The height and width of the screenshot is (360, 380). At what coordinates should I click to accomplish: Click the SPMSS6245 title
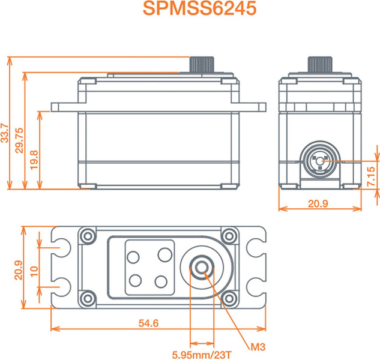click(x=199, y=9)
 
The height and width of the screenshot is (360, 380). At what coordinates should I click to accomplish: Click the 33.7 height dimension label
click(x=5, y=133)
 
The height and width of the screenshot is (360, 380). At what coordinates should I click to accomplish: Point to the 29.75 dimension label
click(x=19, y=140)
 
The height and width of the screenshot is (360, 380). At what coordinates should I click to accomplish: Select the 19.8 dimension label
click(x=34, y=160)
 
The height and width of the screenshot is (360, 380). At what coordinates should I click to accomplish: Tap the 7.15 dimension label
click(x=371, y=176)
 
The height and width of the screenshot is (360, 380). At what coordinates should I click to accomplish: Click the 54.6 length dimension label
click(x=148, y=323)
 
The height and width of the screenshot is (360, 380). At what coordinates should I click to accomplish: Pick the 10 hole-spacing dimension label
click(x=34, y=271)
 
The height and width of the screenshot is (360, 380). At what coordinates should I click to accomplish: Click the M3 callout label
click(x=258, y=347)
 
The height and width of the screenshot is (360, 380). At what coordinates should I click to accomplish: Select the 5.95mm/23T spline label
click(x=202, y=355)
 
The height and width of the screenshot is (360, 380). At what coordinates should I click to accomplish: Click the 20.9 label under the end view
click(x=318, y=204)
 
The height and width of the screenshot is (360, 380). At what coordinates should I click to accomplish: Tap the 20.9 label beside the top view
click(x=19, y=270)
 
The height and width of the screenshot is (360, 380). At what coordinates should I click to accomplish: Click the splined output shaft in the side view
click(x=202, y=64)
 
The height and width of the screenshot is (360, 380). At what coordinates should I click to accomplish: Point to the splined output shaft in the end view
click(x=320, y=64)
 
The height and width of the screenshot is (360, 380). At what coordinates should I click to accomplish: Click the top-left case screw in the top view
click(x=88, y=236)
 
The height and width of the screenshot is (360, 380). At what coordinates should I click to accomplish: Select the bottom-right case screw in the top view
click(x=229, y=299)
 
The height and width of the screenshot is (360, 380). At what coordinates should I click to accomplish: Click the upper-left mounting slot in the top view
click(x=62, y=248)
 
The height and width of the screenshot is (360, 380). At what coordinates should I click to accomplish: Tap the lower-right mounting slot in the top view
click(x=256, y=287)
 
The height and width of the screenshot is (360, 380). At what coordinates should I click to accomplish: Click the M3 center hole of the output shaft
click(x=202, y=268)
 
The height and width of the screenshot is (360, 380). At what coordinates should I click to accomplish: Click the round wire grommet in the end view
click(x=320, y=160)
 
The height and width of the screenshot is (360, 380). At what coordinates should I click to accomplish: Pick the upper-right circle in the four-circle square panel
click(x=165, y=255)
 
